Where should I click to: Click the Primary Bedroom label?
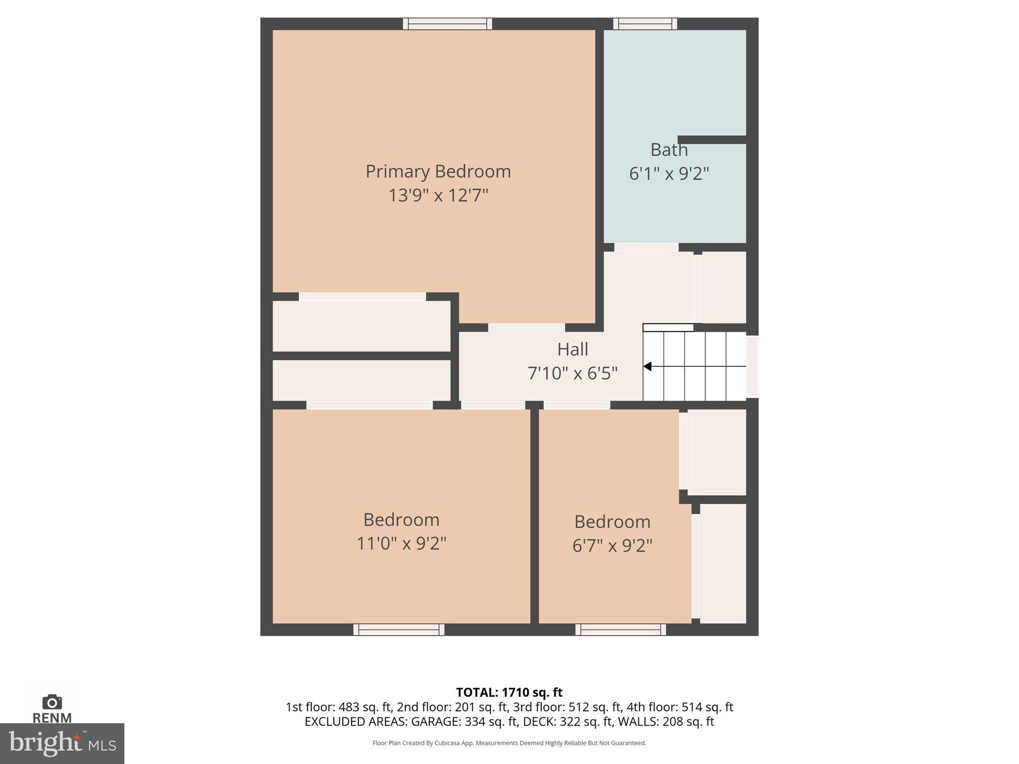(438, 172)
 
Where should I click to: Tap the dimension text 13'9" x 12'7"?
(438, 195)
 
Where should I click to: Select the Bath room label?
(669, 150)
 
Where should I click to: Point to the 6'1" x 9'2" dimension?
(669, 174)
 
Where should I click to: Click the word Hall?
(572, 349)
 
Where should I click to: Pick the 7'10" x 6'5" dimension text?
(572, 373)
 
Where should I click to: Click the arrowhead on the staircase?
(647, 367)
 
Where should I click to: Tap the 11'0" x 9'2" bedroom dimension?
(401, 543)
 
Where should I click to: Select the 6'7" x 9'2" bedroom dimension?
(612, 546)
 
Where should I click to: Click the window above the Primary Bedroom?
(447, 23)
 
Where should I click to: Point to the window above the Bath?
(645, 23)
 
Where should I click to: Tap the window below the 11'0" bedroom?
(399, 630)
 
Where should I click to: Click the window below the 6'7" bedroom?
(620, 630)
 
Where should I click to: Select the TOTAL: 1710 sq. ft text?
(509, 692)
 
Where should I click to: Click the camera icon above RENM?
(52, 702)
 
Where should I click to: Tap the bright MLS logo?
(62, 743)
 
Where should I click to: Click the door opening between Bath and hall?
(646, 247)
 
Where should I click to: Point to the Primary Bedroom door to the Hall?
(526, 327)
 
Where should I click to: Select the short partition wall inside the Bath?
(712, 140)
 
